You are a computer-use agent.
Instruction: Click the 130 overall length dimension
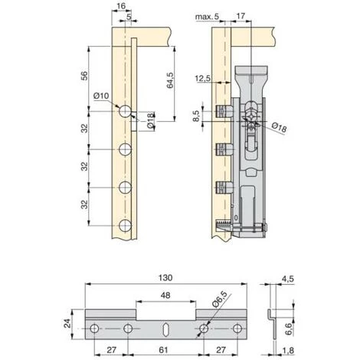(165, 277)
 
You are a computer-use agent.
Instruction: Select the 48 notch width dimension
(165, 296)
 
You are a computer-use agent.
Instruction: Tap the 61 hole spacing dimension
(163, 349)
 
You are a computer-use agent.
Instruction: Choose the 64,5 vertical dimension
(170, 80)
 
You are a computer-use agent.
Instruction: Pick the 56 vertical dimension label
(84, 76)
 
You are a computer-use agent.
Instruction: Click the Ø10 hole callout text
(101, 96)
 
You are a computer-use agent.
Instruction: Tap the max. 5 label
(207, 17)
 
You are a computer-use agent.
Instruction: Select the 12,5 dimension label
(203, 78)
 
